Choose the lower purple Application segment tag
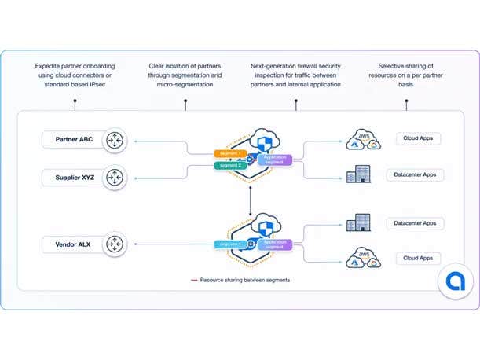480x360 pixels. coord(274,244)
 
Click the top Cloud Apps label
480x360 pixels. coord(418,138)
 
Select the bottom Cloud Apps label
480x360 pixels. coord(418,258)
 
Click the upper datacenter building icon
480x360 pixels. coord(358,174)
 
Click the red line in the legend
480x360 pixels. coord(194,280)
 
